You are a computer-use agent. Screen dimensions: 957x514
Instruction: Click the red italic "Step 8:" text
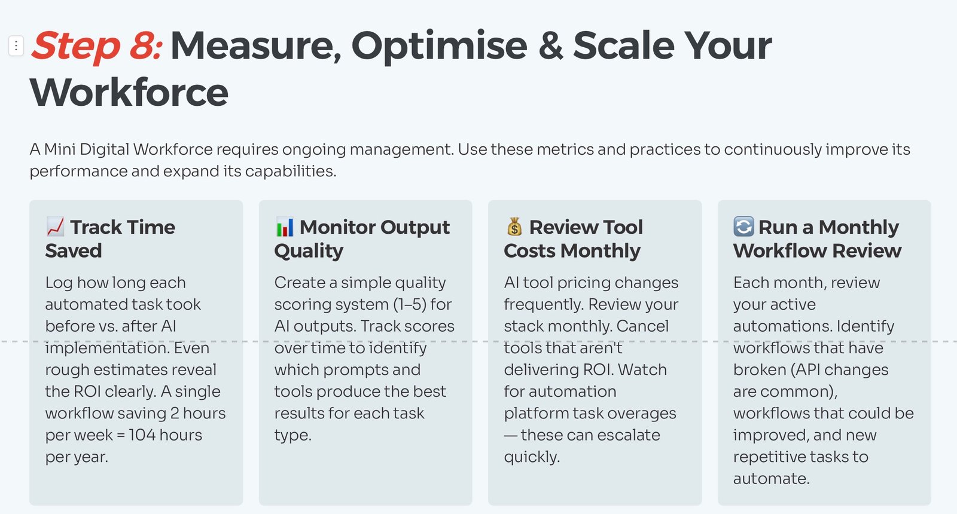click(x=96, y=45)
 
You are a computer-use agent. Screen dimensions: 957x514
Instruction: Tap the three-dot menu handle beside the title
click(x=16, y=45)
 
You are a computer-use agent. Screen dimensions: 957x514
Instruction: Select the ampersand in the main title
click(x=550, y=45)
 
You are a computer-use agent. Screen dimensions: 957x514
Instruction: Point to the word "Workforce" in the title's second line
click(x=129, y=92)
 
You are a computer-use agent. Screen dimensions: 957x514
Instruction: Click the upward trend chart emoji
click(x=56, y=227)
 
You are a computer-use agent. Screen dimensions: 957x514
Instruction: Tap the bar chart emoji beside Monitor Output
click(x=285, y=227)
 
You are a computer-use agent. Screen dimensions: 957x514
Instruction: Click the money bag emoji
click(x=514, y=227)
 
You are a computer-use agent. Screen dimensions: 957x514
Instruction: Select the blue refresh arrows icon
click(x=743, y=227)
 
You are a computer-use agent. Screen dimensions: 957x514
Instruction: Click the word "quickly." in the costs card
click(x=532, y=457)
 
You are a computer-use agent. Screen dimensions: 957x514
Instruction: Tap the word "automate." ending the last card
click(x=771, y=479)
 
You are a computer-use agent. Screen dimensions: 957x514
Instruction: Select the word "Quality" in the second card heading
click(x=309, y=251)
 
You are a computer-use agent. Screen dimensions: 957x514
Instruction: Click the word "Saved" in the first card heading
click(x=74, y=250)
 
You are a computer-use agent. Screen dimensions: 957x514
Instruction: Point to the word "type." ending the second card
click(x=292, y=436)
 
